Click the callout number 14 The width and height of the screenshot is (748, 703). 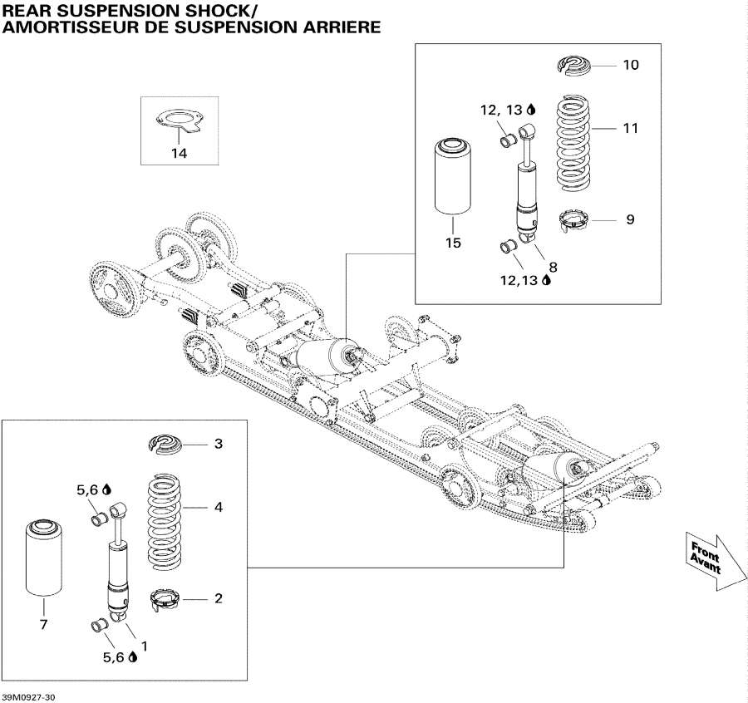[x=180, y=154]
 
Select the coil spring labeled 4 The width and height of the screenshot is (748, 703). [x=170, y=522]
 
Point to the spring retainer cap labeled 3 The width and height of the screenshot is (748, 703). [x=169, y=444]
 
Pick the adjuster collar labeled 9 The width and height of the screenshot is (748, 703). [x=574, y=221]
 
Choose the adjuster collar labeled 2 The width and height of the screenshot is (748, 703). [x=169, y=598]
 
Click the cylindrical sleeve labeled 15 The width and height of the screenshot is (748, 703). [x=453, y=178]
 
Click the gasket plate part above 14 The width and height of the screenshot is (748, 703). [x=179, y=123]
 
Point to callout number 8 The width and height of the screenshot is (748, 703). [x=552, y=267]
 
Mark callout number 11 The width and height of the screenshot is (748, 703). [x=631, y=129]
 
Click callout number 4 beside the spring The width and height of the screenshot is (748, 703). [x=219, y=506]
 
